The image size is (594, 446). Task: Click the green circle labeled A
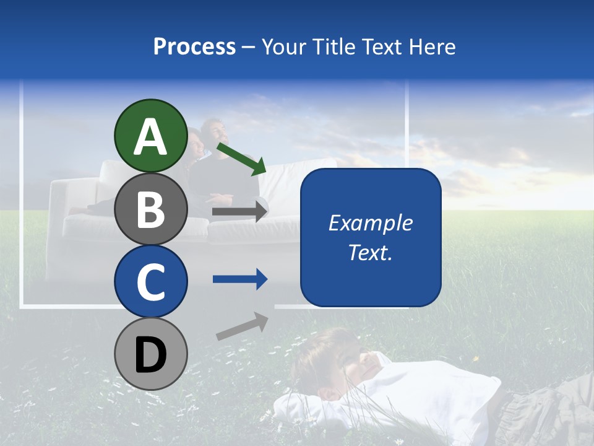[x=150, y=136]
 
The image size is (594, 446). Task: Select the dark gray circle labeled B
[x=150, y=209]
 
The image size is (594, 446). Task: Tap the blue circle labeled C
[x=150, y=281]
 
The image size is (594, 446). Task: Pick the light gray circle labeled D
[x=150, y=354]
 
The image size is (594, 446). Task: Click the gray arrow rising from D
[x=242, y=326]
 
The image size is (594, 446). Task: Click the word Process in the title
[x=194, y=47]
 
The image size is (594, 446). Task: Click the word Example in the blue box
[x=370, y=223]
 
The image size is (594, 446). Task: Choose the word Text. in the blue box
[x=370, y=252]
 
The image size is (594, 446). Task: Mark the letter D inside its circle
[x=150, y=354]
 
